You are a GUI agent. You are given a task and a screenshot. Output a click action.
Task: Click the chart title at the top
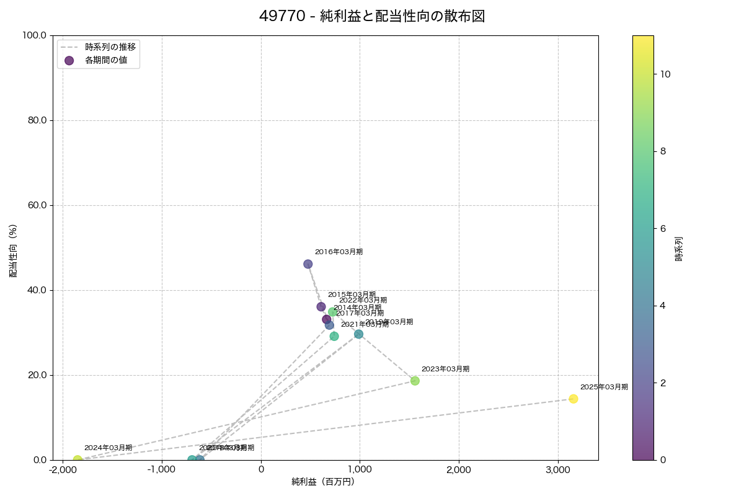point(372,17)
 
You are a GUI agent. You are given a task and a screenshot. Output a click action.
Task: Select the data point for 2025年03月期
point(573,399)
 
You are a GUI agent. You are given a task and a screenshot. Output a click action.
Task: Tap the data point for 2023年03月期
point(415,381)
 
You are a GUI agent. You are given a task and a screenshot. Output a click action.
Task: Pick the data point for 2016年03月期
point(308,264)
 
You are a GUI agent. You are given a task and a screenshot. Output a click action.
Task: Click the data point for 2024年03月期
point(77,459)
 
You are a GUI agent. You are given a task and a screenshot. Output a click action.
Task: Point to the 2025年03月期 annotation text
point(604,387)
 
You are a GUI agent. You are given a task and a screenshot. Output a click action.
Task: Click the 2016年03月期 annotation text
point(339,252)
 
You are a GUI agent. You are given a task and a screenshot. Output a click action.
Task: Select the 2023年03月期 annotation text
point(445,369)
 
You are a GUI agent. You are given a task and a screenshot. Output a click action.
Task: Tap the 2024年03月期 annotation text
point(108,448)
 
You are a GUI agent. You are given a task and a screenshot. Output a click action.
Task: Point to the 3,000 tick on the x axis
point(558,470)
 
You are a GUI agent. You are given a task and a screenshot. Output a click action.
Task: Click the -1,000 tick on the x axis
point(162,470)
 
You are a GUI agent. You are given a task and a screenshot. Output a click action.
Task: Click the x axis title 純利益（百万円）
point(323,482)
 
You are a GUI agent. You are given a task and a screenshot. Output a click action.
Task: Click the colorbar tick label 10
point(666,74)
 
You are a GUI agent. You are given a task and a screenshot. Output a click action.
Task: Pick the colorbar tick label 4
point(663,306)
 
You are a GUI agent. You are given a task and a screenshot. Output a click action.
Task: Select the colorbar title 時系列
point(678,248)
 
